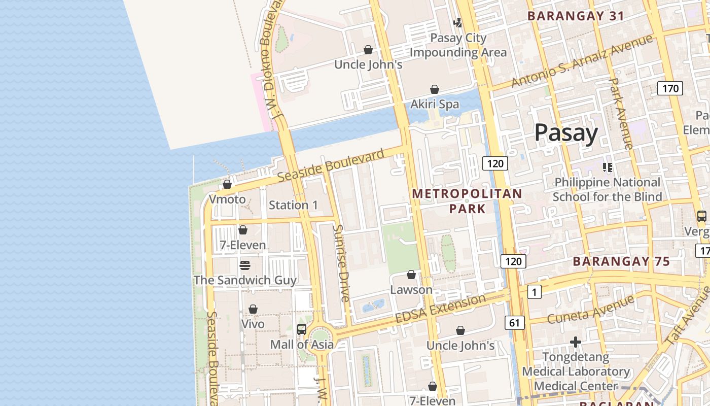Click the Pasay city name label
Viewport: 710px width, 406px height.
(566, 133)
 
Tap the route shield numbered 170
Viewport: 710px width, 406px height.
(670, 88)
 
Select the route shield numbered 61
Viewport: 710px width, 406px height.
(514, 322)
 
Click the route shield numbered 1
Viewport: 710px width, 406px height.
(534, 292)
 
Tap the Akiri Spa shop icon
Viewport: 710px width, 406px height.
(435, 90)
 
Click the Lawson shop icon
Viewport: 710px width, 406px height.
(411, 275)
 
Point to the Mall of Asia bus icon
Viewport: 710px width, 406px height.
(302, 329)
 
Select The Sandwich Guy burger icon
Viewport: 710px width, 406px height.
(245, 265)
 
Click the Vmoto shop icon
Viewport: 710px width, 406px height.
(227, 184)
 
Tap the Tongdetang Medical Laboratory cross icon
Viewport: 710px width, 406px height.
(575, 343)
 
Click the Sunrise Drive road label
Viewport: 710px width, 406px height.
(341, 263)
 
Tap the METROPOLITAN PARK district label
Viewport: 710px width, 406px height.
(467, 201)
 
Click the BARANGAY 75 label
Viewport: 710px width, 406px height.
(621, 262)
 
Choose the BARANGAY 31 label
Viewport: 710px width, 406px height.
(576, 16)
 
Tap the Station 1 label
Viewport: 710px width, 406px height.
(293, 205)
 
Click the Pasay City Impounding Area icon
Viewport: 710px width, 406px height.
(458, 22)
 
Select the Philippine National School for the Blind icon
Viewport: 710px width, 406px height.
(607, 167)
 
